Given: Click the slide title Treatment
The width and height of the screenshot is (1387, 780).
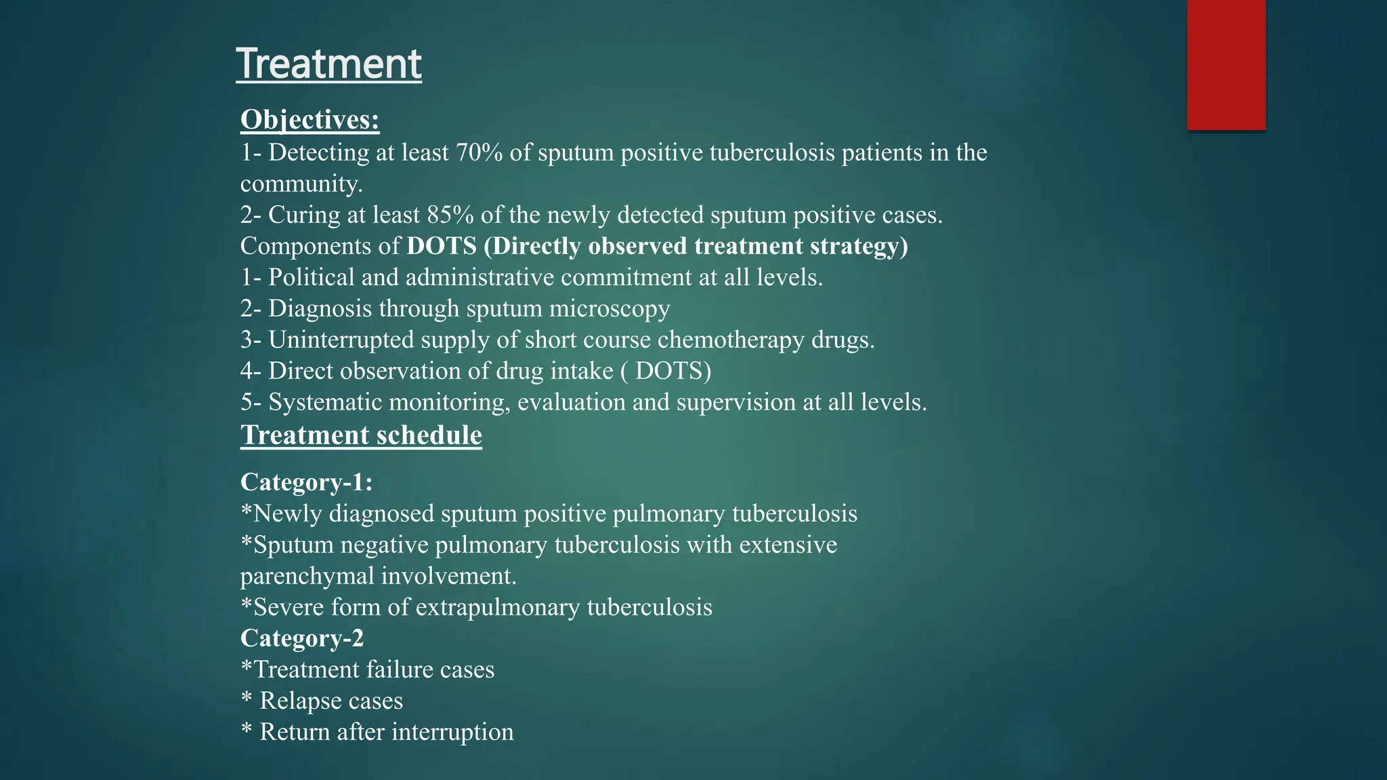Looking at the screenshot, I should [x=328, y=64].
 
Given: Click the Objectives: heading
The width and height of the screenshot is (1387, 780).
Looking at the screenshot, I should [x=310, y=120].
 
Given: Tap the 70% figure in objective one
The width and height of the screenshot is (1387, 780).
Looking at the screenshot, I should [x=478, y=152].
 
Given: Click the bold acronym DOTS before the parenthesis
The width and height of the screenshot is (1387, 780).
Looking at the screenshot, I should [x=442, y=246].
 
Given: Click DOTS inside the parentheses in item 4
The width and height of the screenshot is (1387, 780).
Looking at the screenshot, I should [x=673, y=371].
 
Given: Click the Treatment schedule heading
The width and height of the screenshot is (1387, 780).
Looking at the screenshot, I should [x=361, y=435].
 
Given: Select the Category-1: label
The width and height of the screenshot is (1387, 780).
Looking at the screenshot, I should [x=306, y=482].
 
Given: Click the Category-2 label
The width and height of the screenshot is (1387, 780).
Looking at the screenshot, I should [x=302, y=638].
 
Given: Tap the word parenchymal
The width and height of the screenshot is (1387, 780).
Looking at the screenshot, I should [x=307, y=576].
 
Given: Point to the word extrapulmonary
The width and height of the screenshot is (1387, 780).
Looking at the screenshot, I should [x=497, y=607].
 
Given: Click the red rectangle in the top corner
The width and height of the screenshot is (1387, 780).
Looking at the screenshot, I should [x=1226, y=64].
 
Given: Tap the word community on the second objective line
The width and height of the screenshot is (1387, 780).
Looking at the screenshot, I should [x=301, y=184].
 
